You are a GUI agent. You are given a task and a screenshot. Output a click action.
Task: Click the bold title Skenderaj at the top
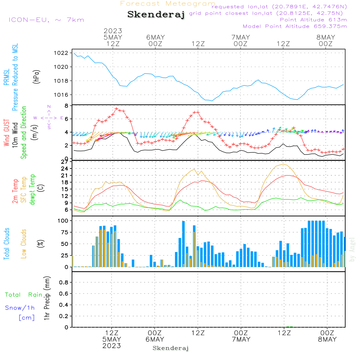pos(156,14)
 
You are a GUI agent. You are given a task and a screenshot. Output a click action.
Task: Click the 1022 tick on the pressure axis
pos(61,53)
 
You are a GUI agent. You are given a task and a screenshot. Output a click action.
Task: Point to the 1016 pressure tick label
pos(61,95)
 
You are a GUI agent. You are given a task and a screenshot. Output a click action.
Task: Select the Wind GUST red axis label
pos(6,132)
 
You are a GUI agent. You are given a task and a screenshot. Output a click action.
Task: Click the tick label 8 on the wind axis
pos(66,106)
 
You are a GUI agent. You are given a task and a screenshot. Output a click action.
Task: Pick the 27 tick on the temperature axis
pos(64,162)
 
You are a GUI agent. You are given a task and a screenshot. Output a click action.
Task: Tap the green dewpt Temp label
pos(32,189)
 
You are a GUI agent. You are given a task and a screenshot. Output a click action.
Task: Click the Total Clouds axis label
pos(6,244)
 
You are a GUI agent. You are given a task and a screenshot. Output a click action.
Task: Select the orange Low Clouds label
pos(24,244)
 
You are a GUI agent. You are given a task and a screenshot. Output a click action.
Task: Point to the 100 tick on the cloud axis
pos(63,221)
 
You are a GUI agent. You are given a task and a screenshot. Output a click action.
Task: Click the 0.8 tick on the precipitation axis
pos(64,282)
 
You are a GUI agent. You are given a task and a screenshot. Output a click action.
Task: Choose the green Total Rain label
pos(24,295)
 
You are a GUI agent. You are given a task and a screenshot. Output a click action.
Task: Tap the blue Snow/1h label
pos(20,308)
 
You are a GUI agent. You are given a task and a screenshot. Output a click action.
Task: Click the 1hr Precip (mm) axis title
pos(47,298)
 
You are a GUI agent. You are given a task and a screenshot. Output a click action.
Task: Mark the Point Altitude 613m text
pos(313,20)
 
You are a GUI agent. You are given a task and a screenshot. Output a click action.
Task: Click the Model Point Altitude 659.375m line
pos(295,26)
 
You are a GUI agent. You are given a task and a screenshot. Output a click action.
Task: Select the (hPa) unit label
pos(36,77)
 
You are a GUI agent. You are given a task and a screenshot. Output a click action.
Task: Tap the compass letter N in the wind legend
pos(49,107)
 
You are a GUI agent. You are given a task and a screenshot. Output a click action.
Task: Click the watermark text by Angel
pos(352,249)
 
